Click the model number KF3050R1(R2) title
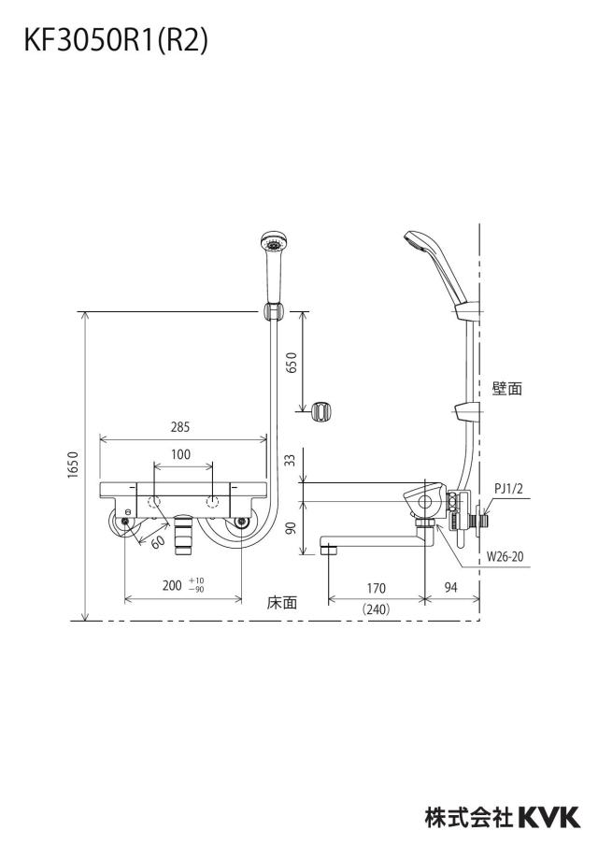116,41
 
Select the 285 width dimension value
180,427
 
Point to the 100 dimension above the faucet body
181,454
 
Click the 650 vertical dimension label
292,364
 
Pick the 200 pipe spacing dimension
172,585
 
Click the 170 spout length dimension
376,588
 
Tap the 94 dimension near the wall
451,587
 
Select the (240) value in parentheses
376,609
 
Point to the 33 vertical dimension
291,461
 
